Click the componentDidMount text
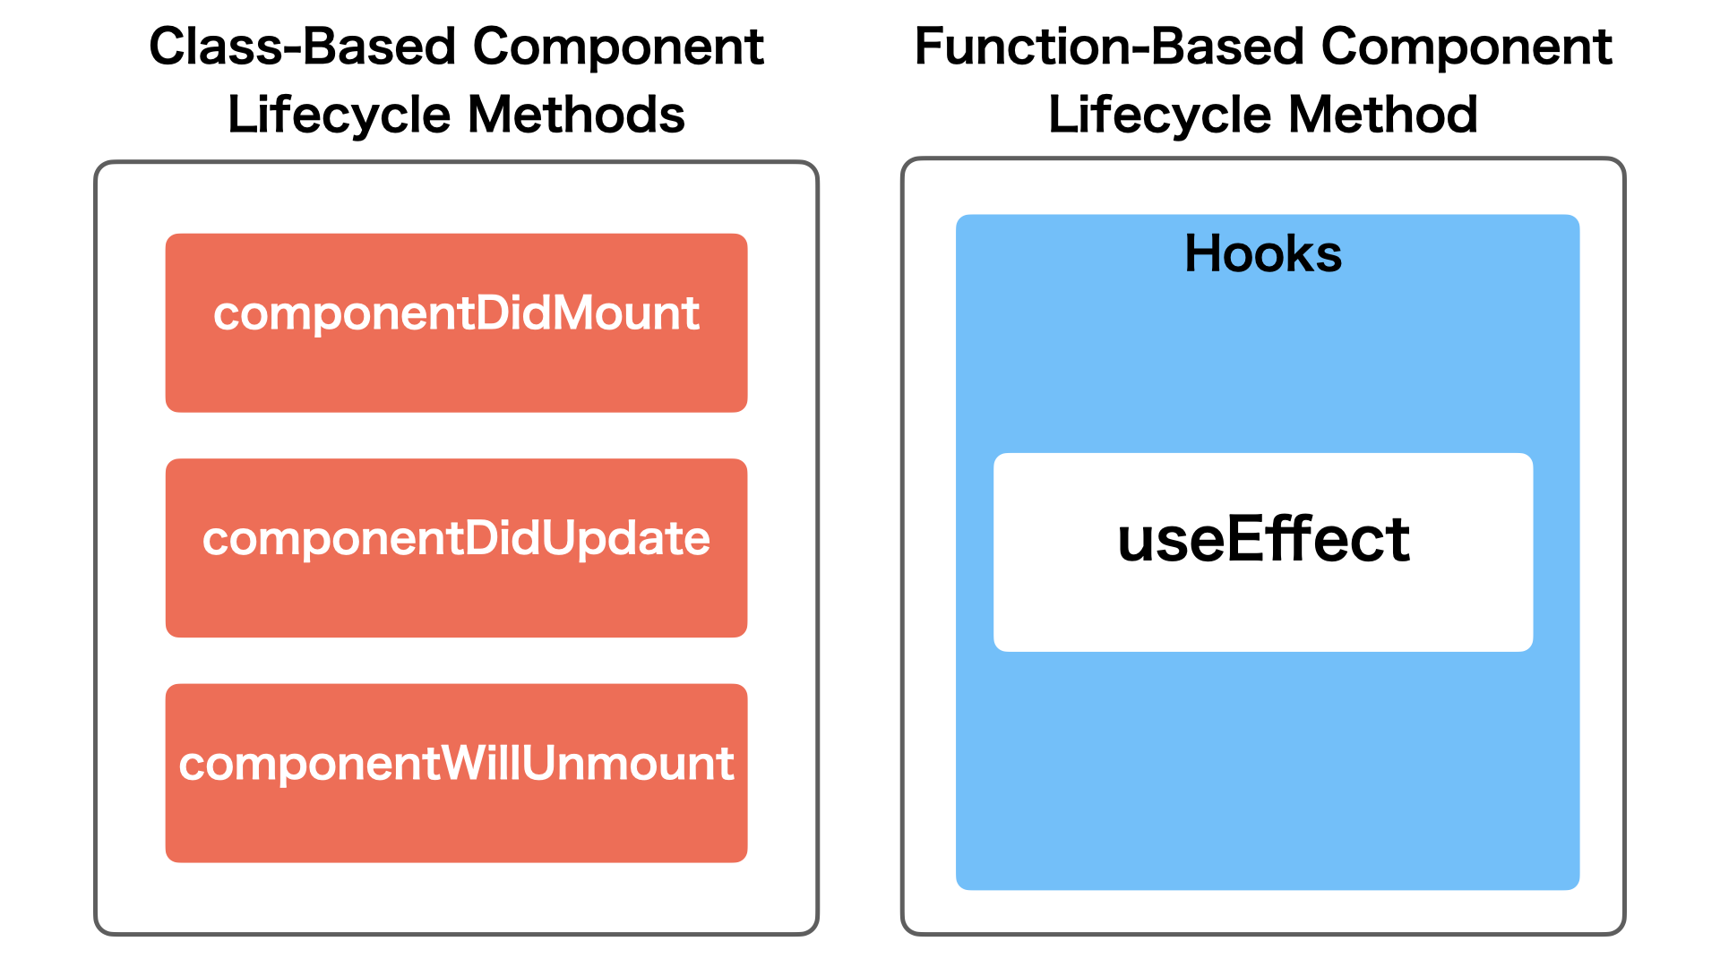(456, 313)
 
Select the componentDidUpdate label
(456, 538)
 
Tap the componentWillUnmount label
(456, 764)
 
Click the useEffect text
(1263, 540)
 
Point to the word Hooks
(1263, 253)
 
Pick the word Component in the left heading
(618, 47)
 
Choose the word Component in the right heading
(1466, 47)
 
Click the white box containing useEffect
(1263, 609)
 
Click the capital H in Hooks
(1203, 253)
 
